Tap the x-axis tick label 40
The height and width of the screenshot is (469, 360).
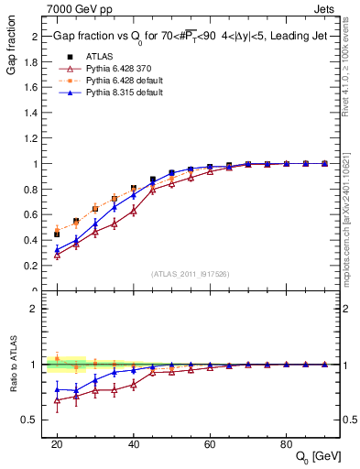(134, 443)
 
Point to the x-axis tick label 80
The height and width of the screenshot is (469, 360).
(287, 443)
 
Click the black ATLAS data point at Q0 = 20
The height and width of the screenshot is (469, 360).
(57, 234)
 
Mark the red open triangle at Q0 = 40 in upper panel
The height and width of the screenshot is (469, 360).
(134, 210)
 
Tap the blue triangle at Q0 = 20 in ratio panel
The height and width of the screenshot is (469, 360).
(57, 389)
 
